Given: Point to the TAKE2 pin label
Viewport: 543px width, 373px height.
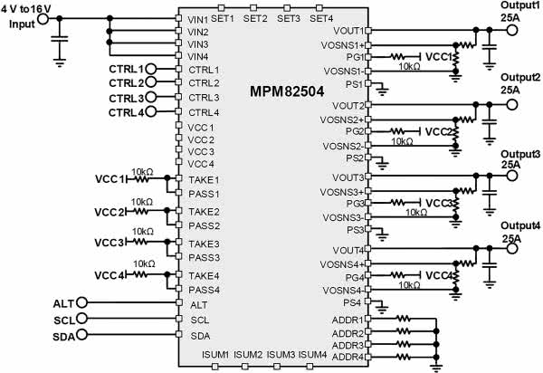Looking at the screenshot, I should coord(204,212).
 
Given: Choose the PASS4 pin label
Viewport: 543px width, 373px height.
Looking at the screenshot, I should coord(205,290).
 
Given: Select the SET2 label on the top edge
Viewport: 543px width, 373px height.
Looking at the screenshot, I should coord(255,18).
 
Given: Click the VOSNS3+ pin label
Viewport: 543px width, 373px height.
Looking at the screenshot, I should coord(341,191).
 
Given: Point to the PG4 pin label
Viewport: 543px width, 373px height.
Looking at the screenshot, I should coord(353,276).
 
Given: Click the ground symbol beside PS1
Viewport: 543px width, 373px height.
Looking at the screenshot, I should coord(383,88).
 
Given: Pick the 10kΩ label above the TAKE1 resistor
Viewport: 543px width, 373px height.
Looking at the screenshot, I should coord(142,170).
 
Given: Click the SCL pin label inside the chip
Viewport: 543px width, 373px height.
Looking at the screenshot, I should coord(200,320).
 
